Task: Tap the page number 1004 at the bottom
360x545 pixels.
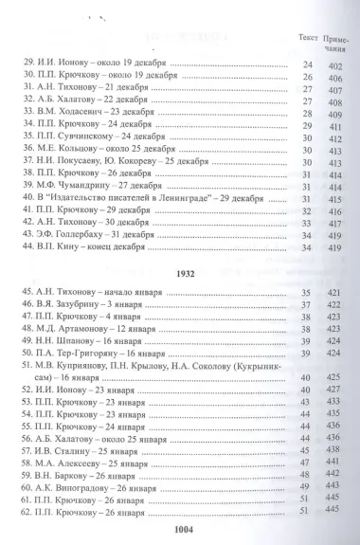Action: [x=180, y=531]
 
